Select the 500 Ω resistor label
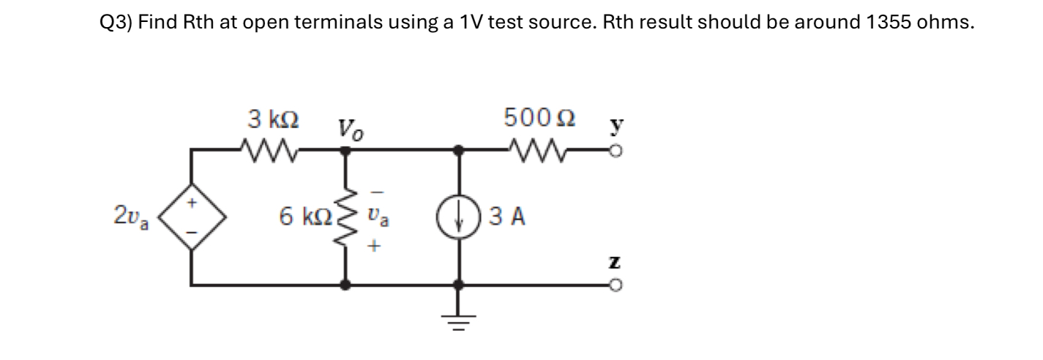(x=539, y=117)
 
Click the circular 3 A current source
(x=459, y=217)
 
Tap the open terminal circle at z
(x=618, y=285)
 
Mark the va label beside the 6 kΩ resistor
(x=375, y=217)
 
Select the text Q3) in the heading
(x=116, y=22)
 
